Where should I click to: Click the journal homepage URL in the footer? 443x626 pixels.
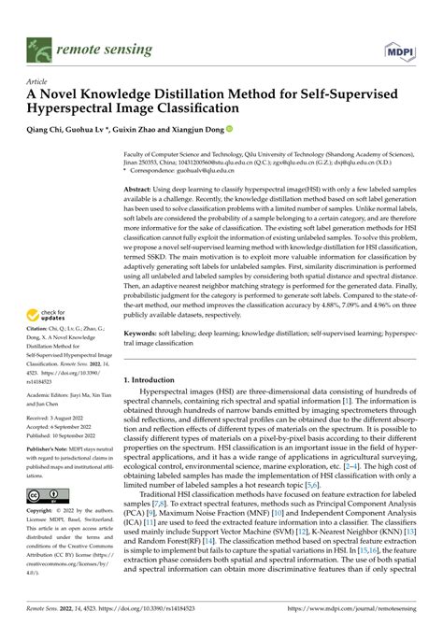tap(365, 609)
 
